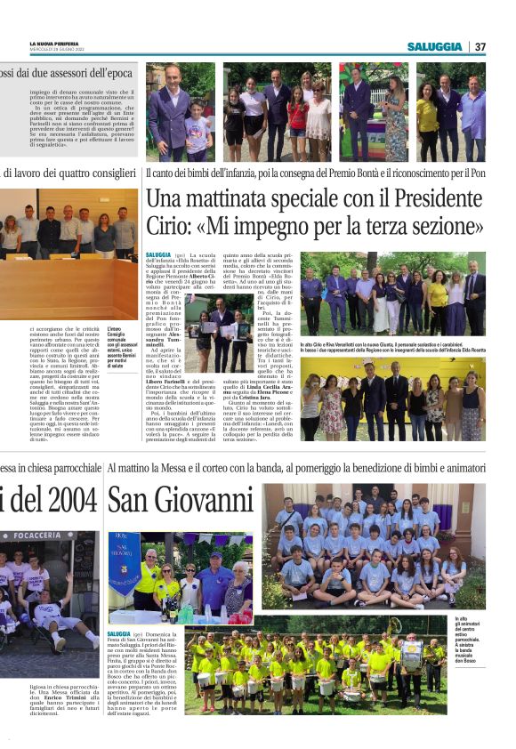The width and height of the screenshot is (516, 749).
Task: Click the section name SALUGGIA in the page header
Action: point(435,46)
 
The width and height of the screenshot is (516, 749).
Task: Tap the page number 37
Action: point(480,46)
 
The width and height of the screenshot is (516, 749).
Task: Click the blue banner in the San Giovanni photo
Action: point(124,564)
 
